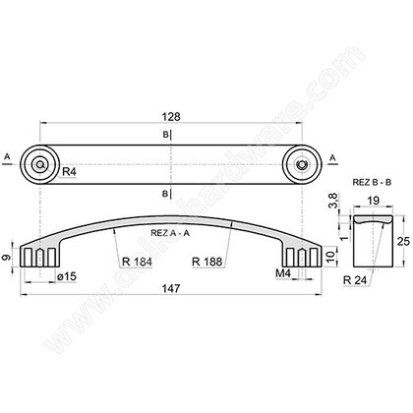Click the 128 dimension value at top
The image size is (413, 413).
click(x=171, y=116)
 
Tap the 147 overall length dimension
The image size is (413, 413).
click(x=171, y=288)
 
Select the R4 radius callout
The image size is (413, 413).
click(x=69, y=171)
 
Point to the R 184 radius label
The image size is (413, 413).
click(x=137, y=262)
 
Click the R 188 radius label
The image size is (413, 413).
click(x=207, y=262)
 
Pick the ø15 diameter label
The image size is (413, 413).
click(x=67, y=276)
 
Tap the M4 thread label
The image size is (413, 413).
click(x=283, y=273)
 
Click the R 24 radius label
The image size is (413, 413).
click(x=355, y=280)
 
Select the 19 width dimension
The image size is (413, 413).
click(x=373, y=201)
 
